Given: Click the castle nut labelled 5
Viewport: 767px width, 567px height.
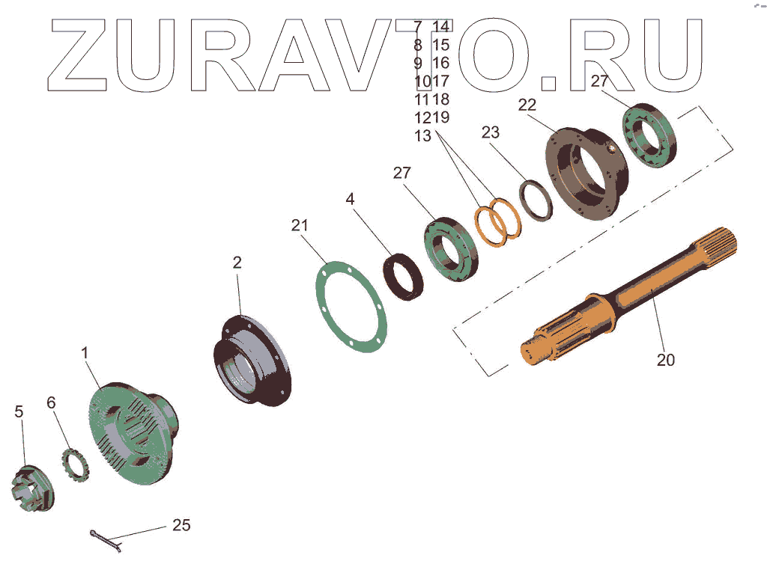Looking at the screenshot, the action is [x=32, y=488].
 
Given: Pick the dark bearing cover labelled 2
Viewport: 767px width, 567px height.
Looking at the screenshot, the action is [x=252, y=361].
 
